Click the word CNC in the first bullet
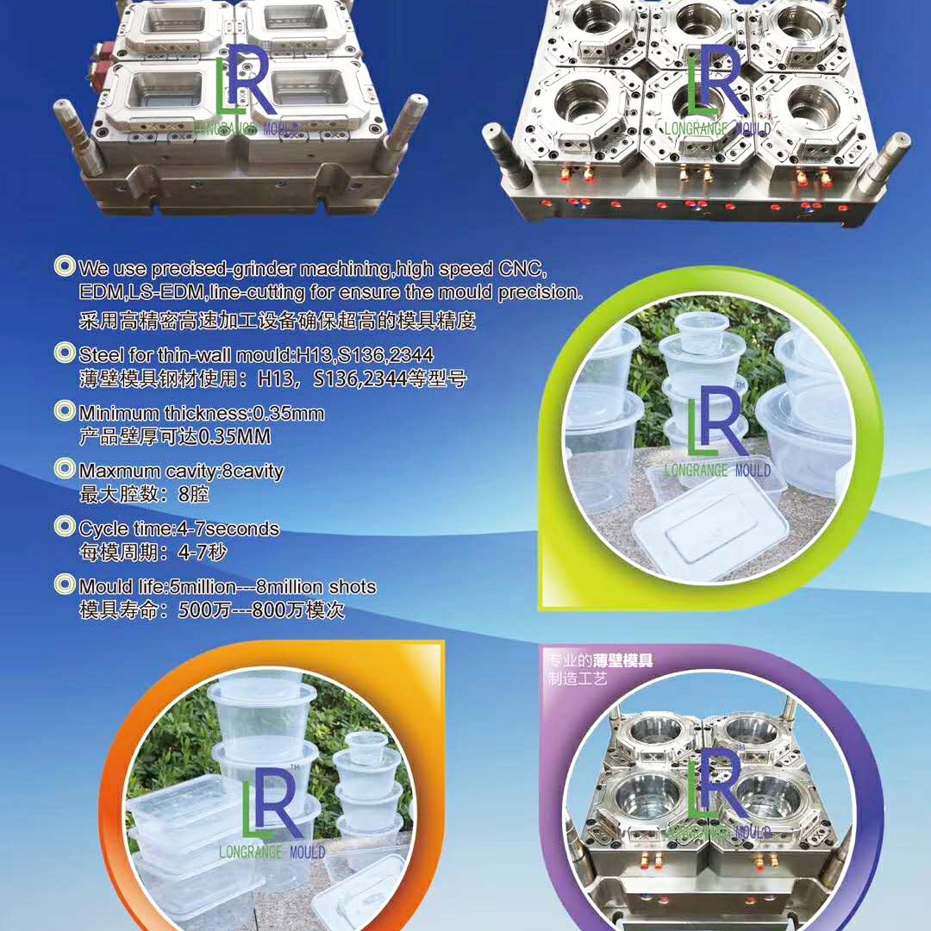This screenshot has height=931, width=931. [521, 269]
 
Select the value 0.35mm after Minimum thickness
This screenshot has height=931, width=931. [289, 413]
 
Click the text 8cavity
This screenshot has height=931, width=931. [253, 472]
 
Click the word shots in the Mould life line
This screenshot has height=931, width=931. [353, 587]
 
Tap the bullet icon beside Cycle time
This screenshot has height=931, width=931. [65, 526]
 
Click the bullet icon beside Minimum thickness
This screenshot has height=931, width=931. [65, 411]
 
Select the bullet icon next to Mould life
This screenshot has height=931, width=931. [65, 584]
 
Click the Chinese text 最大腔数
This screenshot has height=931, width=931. [109, 494]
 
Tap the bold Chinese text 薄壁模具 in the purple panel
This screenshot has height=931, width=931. [623, 661]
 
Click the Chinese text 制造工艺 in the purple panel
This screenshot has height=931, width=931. [578, 678]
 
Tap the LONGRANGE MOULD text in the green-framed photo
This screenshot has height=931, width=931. [717, 471]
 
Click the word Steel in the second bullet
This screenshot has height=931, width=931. [102, 355]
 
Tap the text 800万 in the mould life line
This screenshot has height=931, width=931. [278, 609]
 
